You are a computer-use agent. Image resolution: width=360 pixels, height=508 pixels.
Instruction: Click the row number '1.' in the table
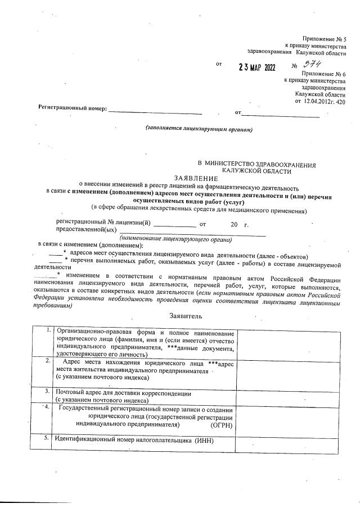point(49,329)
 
